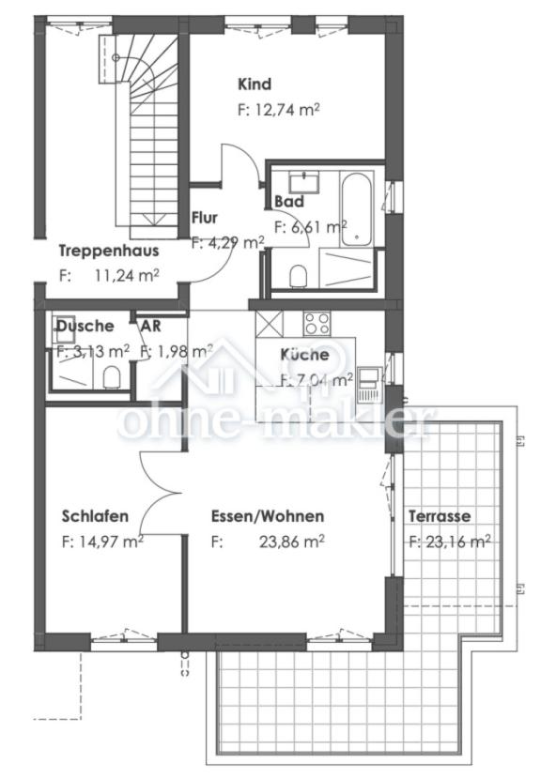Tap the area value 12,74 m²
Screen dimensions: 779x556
(279, 109)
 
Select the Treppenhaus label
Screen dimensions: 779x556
(108, 251)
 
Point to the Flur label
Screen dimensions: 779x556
(205, 218)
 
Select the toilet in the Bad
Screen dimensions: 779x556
(300, 275)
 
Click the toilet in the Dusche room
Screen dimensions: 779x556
(112, 377)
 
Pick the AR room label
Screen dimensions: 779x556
(150, 326)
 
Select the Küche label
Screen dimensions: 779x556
(304, 355)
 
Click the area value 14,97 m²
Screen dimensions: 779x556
(102, 541)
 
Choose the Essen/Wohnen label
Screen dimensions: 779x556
(268, 516)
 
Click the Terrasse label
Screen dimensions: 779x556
(439, 516)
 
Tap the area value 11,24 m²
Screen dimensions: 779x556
(128, 275)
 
